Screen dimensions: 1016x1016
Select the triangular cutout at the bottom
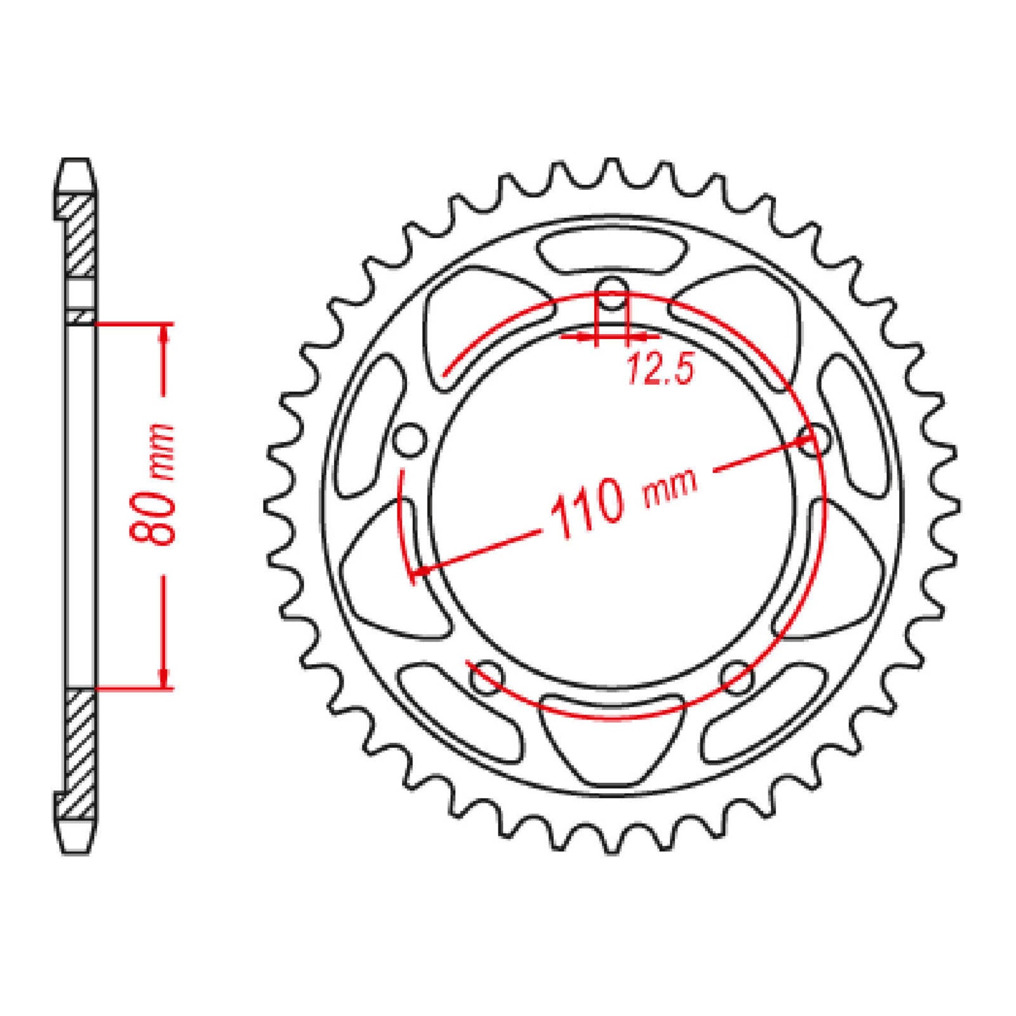612,737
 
